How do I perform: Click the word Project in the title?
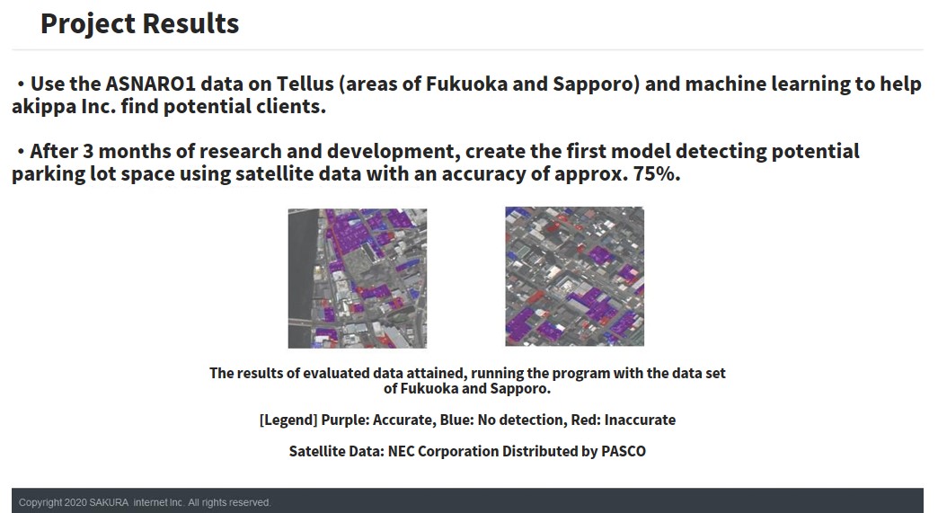[x=88, y=25]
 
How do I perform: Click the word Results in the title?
[x=190, y=24]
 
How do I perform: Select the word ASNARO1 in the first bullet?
[x=150, y=84]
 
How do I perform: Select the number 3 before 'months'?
[x=88, y=151]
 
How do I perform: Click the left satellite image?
[x=358, y=278]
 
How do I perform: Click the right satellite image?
[x=575, y=276]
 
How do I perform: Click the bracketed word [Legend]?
[x=288, y=420]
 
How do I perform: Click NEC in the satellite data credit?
[x=402, y=451]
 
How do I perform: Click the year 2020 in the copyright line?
[x=75, y=502]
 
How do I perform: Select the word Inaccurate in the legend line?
[x=640, y=420]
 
